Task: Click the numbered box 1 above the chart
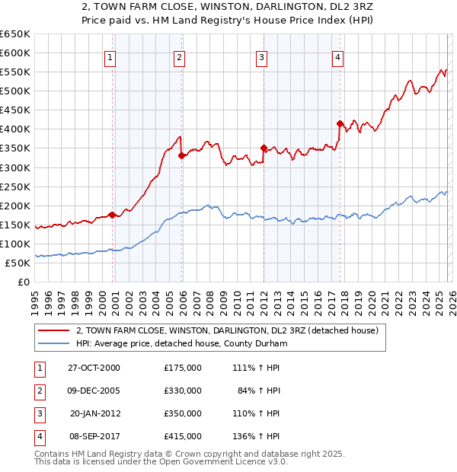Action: (x=110, y=57)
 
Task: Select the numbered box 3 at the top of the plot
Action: (x=261, y=57)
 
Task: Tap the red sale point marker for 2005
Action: (x=181, y=155)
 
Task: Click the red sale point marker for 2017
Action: (x=340, y=123)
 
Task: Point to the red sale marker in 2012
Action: (x=264, y=148)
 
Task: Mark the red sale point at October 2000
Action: (x=113, y=215)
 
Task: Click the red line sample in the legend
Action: (x=53, y=331)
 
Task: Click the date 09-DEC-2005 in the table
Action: (x=91, y=391)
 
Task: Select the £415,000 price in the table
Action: (x=183, y=436)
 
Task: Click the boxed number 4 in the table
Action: (x=39, y=436)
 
